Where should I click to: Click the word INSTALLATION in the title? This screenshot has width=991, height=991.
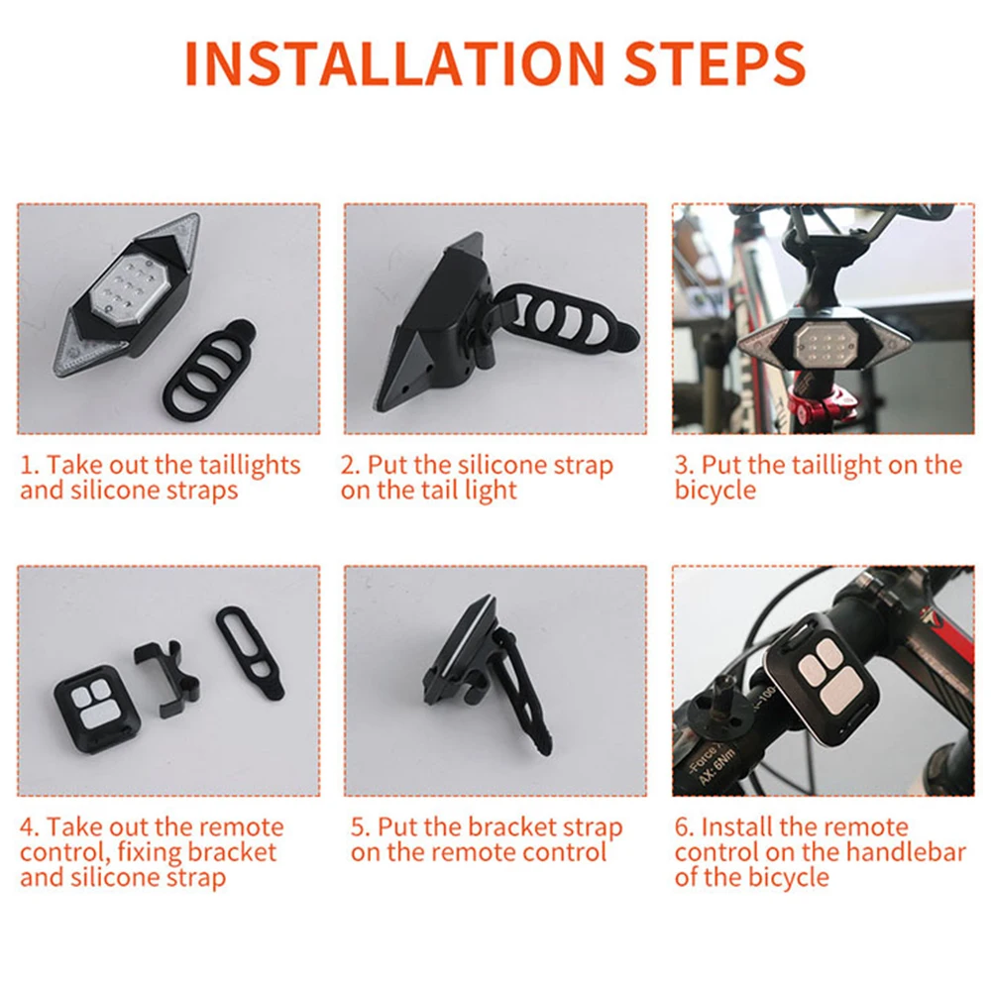(x=395, y=63)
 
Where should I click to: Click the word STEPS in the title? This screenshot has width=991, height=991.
(x=715, y=63)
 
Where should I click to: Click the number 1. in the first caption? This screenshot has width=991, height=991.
(x=30, y=465)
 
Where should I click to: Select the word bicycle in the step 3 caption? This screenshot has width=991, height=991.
(x=715, y=491)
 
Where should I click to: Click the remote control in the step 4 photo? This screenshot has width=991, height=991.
(x=96, y=708)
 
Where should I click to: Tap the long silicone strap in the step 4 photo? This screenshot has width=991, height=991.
(x=251, y=653)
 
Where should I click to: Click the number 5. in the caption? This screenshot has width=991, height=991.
(x=361, y=827)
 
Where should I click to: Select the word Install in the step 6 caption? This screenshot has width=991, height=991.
(x=737, y=826)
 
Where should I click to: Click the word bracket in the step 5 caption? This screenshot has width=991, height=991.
(x=512, y=826)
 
